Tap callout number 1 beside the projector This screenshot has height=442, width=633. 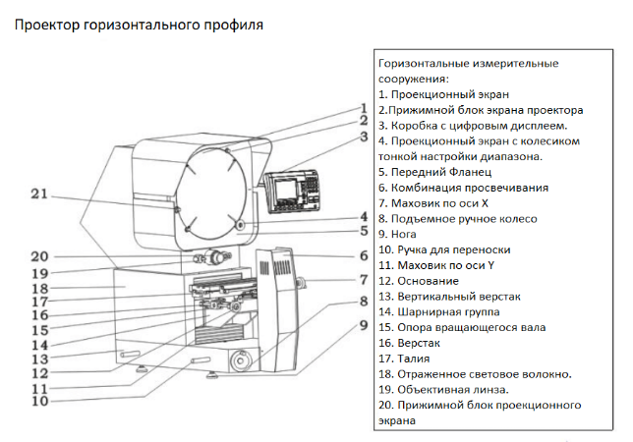point(363,109)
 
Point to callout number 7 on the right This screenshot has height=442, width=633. point(363,280)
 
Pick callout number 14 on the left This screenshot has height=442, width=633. point(39,344)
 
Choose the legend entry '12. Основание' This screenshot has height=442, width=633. point(420,281)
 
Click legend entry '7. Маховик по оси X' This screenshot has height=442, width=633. point(437,203)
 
